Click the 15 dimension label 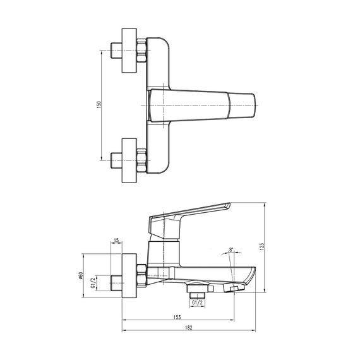pyautogui.click(x=116, y=241)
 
